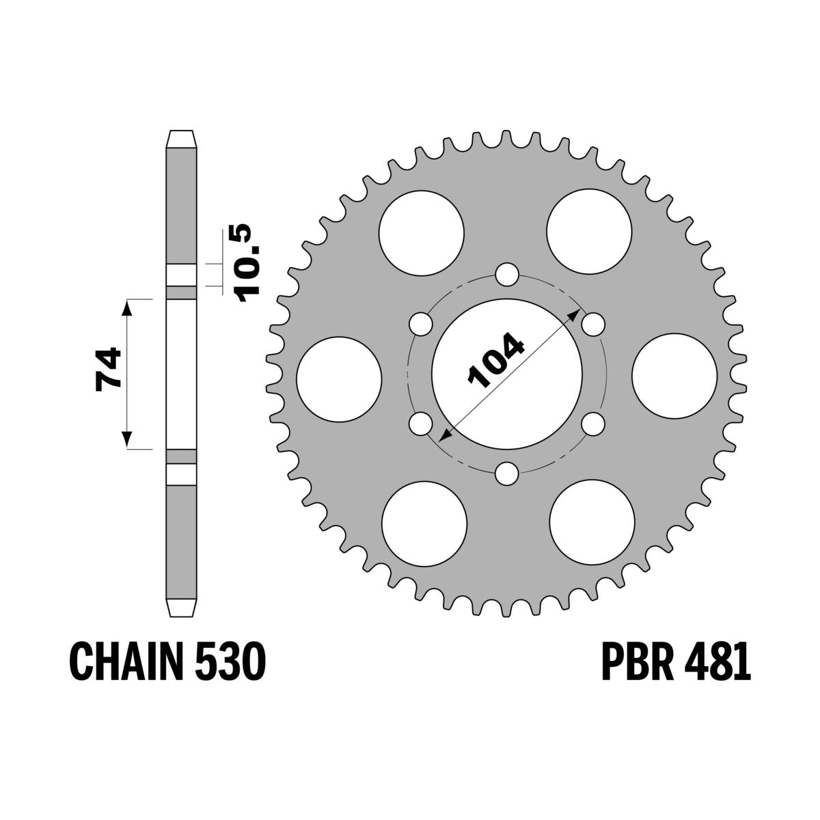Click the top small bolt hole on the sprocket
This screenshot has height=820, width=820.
tap(506, 275)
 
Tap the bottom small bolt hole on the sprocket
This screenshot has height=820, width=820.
tap(506, 473)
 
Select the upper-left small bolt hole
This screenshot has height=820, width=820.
tap(420, 324)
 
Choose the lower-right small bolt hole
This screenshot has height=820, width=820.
tap(593, 424)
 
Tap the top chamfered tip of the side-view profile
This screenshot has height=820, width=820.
tap(182, 137)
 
